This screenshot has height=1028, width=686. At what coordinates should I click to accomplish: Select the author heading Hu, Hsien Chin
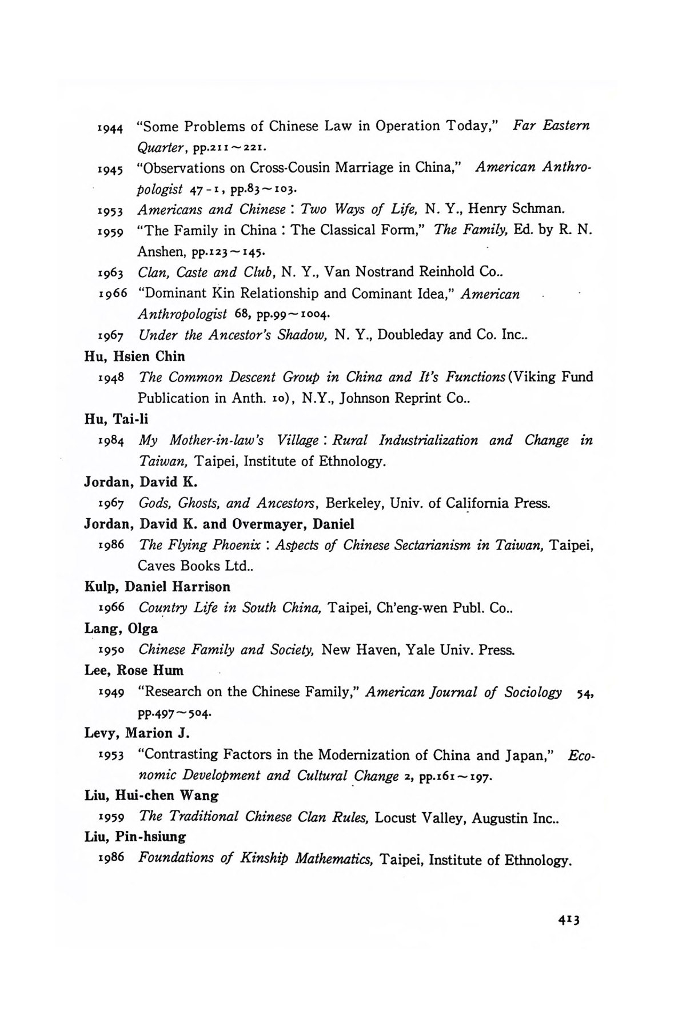[134, 356]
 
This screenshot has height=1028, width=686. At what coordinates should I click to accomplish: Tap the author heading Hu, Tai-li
[116, 419]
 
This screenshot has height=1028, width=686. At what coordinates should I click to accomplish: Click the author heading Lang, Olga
[121, 629]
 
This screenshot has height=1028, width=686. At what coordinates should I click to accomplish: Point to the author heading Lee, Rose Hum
[134, 670]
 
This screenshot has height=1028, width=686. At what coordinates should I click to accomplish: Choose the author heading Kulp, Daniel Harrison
[157, 587]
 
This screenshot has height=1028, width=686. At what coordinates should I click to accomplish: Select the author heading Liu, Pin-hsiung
[135, 837]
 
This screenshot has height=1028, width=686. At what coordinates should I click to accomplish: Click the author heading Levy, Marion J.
[137, 733]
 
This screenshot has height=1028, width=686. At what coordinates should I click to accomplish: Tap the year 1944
[111, 127]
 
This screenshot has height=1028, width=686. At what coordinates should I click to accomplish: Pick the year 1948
[111, 378]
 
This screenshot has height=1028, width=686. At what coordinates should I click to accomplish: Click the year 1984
[111, 441]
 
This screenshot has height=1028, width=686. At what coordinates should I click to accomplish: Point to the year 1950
[111, 650]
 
